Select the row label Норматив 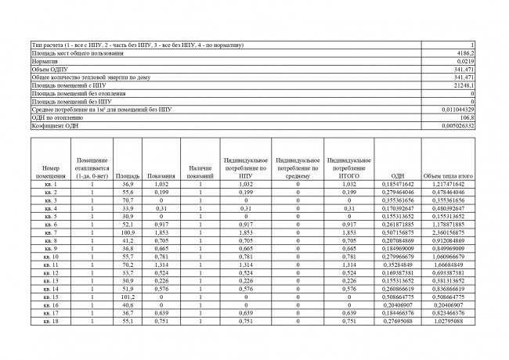coord(45,61)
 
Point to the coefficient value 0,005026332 coord(457,126)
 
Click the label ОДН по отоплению coord(56,117)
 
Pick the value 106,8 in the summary coord(467,117)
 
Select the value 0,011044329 coord(457,110)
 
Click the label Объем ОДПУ coord(49,69)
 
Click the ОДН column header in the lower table coord(397,176)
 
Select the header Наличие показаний coord(200,172)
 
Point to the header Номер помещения coord(51,172)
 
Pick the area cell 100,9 coord(128,232)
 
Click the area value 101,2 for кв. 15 coord(128,297)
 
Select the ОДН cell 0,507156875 coord(397,232)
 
